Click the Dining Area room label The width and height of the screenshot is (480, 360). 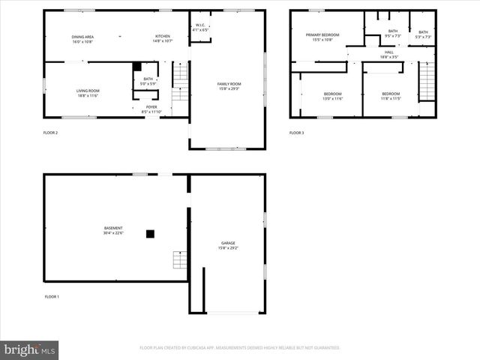click(x=82, y=39)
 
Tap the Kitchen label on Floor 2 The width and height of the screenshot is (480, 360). click(x=163, y=39)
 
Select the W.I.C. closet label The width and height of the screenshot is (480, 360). click(x=200, y=28)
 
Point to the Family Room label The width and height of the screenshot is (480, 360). click(x=229, y=86)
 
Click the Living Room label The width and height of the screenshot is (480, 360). click(x=88, y=93)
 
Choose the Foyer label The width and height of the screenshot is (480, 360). click(x=151, y=109)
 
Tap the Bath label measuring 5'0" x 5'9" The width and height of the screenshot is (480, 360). click(x=148, y=81)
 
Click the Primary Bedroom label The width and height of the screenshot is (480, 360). click(x=323, y=37)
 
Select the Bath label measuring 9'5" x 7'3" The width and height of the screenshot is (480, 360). click(x=393, y=34)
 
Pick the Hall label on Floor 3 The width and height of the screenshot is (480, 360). click(x=388, y=55)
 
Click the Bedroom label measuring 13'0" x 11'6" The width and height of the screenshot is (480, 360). click(x=332, y=96)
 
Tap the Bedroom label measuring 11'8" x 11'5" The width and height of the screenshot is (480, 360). click(x=391, y=96)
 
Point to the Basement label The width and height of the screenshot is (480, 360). click(x=113, y=230)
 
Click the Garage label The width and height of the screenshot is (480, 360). click(x=228, y=245)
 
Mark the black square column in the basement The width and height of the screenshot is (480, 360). click(x=150, y=234)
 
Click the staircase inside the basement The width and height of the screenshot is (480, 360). click(x=180, y=259)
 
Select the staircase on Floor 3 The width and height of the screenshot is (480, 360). click(x=427, y=81)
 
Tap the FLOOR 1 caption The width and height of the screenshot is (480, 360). click(x=52, y=297)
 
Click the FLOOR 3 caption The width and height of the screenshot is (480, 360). click(x=296, y=133)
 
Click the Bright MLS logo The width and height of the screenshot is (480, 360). click(x=29, y=349)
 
